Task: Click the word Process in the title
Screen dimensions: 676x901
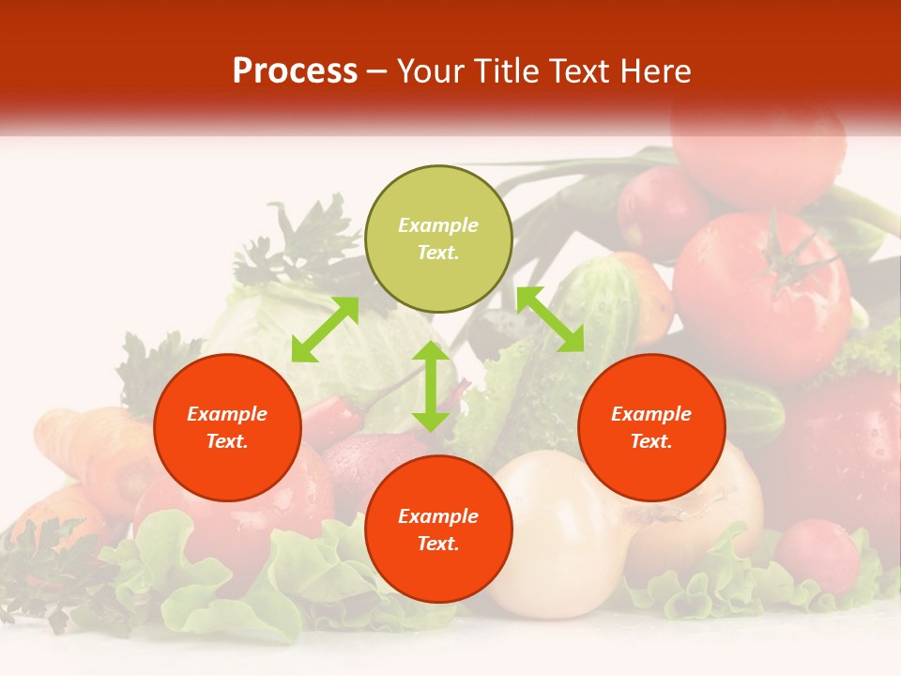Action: point(295,71)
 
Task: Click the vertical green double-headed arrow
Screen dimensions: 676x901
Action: point(431,386)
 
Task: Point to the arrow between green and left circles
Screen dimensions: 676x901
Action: point(325,330)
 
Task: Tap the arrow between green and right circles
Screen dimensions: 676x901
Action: point(550,319)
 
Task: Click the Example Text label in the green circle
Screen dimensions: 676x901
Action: point(438,238)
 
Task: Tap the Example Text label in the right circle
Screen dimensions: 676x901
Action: point(651,427)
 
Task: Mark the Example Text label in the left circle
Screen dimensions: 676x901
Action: point(227,427)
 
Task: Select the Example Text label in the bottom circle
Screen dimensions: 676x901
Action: point(438,530)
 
